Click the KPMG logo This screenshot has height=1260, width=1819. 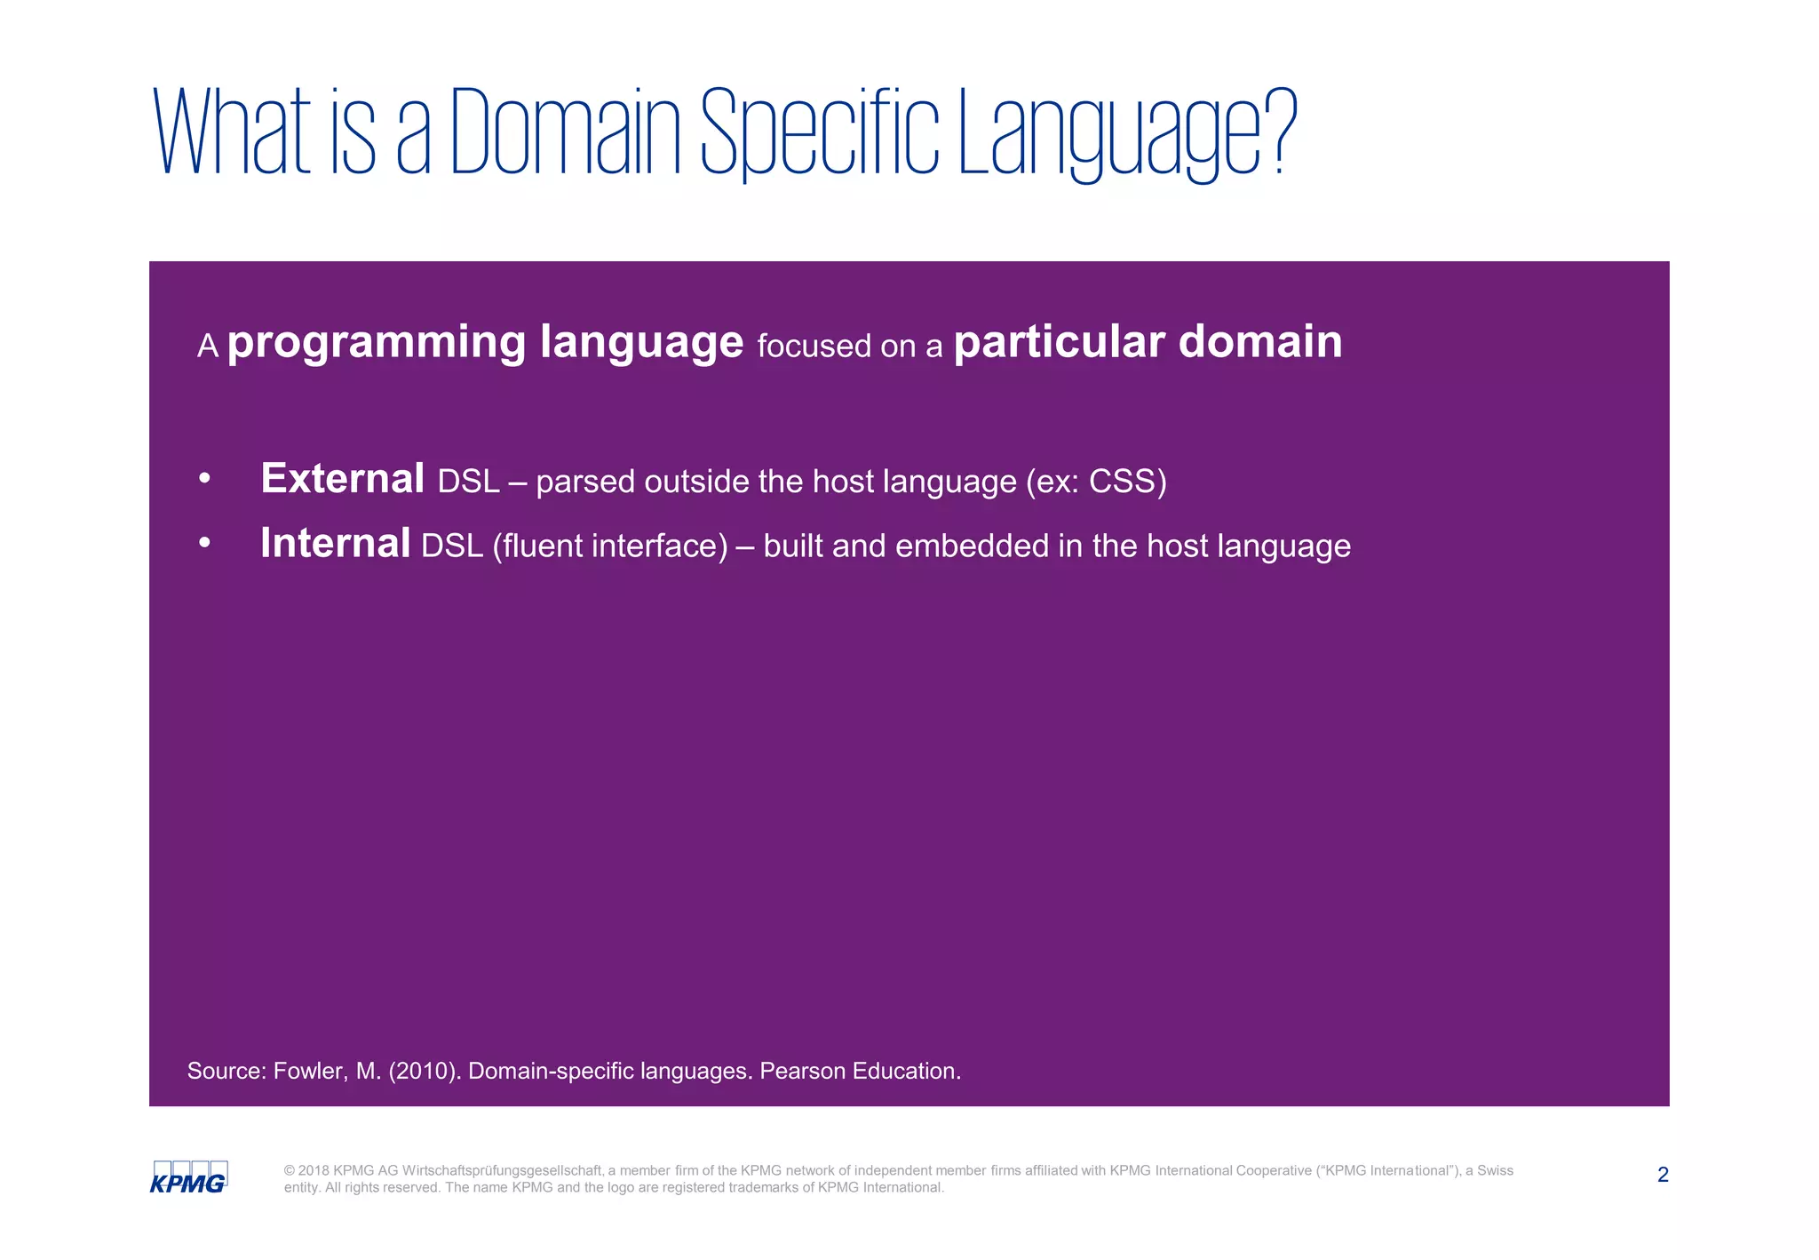point(188,1177)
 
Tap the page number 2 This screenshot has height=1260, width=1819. point(1663,1175)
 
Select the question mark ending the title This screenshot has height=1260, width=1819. point(1280,132)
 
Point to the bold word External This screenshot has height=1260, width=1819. point(342,479)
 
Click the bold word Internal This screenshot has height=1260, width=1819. point(335,544)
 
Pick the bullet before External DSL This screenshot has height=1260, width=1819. point(205,479)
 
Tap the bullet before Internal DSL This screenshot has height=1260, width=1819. point(205,543)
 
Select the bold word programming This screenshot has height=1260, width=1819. point(377,343)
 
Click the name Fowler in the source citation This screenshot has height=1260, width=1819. point(307,1071)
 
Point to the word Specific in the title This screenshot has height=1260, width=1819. point(819,133)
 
